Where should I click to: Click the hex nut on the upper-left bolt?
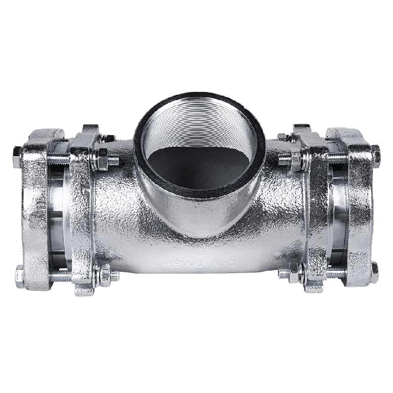(x=102, y=158)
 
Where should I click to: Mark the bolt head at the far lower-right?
(x=374, y=273)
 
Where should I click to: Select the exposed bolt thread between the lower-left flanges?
(x=60, y=276)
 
